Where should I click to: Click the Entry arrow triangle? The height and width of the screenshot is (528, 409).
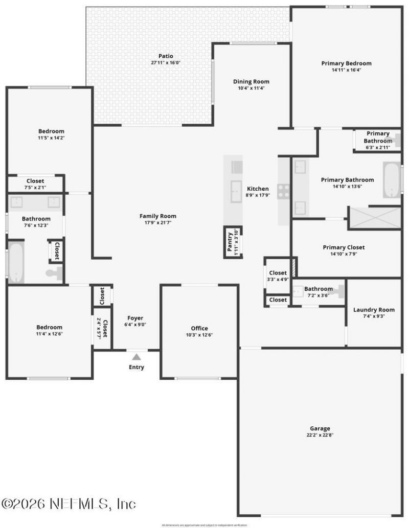[136, 357]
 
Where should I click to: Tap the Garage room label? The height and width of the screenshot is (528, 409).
[320, 428]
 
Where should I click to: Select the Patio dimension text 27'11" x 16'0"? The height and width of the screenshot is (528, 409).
[166, 63]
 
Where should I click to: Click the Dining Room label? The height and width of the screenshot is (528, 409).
[251, 81]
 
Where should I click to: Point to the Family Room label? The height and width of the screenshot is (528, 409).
[158, 216]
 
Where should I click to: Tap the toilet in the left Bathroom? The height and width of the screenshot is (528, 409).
[54, 273]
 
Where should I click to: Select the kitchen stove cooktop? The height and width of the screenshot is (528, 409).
[283, 191]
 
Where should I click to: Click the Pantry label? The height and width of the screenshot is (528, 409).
[230, 242]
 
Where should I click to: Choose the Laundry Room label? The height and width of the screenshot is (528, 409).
[374, 310]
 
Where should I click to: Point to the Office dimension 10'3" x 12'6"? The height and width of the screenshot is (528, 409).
[199, 335]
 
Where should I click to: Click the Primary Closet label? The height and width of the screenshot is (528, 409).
[344, 247]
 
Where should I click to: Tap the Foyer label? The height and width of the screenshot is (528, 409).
[135, 318]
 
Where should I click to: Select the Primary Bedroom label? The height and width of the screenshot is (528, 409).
[346, 63]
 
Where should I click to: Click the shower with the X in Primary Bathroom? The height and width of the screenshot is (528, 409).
[374, 218]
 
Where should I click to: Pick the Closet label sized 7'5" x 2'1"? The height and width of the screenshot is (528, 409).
[35, 181]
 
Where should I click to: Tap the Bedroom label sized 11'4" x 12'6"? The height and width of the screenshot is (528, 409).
[49, 327]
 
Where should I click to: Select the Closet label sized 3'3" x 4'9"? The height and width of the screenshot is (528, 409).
[278, 273]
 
